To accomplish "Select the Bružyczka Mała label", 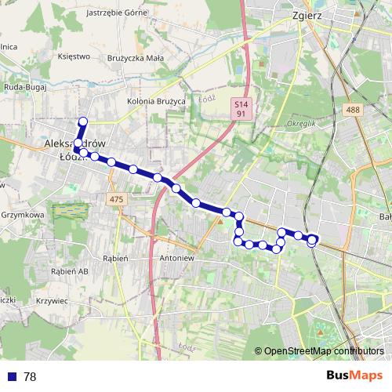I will (136, 56).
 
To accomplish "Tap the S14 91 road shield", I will (241, 108).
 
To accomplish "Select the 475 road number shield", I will (118, 199).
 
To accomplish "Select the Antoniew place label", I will (176, 257).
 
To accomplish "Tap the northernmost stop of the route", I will (82, 121).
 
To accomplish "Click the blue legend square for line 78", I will (11, 376).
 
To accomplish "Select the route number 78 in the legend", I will (31, 376).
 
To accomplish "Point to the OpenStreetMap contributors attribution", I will (324, 351).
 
